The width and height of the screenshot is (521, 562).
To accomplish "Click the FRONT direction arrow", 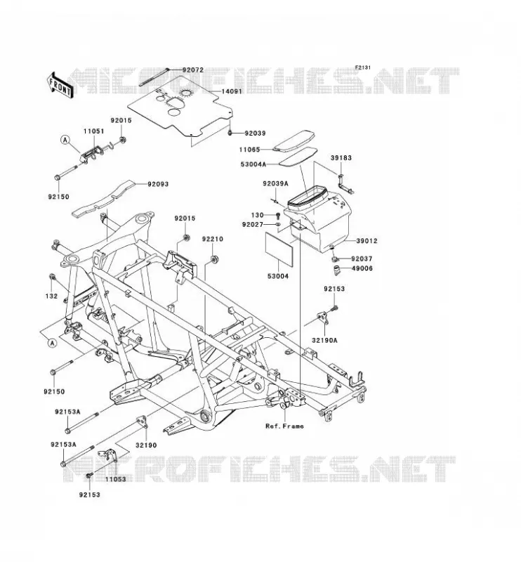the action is (x=60, y=85).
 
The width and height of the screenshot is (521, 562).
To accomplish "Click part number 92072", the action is (x=193, y=70).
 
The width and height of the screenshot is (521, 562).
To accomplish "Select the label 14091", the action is (x=232, y=91).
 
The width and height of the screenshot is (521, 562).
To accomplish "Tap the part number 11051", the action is (x=94, y=131).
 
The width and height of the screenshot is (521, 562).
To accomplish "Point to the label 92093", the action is (x=158, y=184).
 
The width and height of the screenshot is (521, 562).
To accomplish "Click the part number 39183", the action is (x=341, y=157).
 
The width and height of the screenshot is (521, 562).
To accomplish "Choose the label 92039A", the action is (x=275, y=184).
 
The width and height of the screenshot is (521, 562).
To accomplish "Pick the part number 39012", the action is (x=367, y=241).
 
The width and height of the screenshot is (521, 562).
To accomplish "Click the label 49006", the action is (x=362, y=268).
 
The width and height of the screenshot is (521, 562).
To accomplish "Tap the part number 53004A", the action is (x=253, y=164).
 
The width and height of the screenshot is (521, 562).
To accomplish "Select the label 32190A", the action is (x=324, y=341).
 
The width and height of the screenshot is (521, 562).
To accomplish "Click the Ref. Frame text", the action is (x=284, y=426).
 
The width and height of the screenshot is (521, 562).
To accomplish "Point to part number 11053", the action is (x=116, y=479).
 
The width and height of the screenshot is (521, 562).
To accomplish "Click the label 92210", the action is (x=213, y=239).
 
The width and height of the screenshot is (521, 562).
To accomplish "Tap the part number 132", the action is (x=51, y=296).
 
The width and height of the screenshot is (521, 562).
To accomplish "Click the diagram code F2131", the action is (x=363, y=67).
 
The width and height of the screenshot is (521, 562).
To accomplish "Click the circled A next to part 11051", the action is (x=65, y=140).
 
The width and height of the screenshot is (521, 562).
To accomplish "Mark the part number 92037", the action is (x=362, y=259).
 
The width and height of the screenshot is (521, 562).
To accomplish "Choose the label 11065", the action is (x=250, y=150).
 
